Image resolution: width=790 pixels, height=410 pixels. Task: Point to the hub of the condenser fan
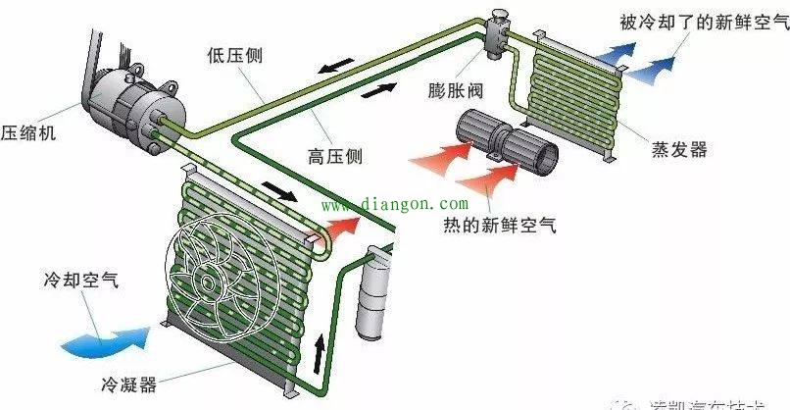pos(207,280)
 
